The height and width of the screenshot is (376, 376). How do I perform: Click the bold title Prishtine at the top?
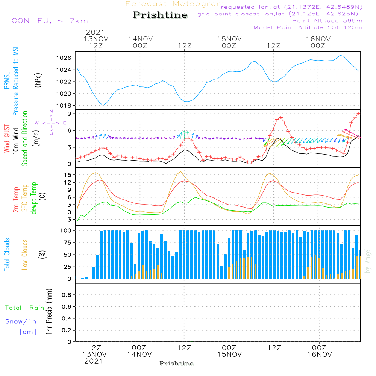pyautogui.click(x=160, y=15)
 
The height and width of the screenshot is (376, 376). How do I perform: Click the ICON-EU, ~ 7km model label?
pyautogui.click(x=48, y=21)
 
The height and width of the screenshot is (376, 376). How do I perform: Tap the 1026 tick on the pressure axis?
pyautogui.click(x=65, y=58)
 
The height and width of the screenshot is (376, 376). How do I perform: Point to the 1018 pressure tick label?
pyautogui.click(x=65, y=106)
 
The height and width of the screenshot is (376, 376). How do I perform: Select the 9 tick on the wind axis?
pyautogui.click(x=70, y=114)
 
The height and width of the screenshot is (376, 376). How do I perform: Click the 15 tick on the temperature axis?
pyautogui.click(x=68, y=175)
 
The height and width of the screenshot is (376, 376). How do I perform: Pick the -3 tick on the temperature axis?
pyautogui.click(x=68, y=219)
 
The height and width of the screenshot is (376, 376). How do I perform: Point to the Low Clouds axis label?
pyautogui.click(x=25, y=255)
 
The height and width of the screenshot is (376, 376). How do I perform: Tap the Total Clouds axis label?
pyautogui.click(x=7, y=255)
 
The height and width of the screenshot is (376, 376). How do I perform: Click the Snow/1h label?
pyautogui.click(x=21, y=321)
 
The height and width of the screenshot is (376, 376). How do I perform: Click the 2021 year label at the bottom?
pyautogui.click(x=94, y=361)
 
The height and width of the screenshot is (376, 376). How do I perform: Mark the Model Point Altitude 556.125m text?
pyautogui.click(x=308, y=27)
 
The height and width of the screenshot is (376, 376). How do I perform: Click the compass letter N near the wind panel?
pyautogui.click(x=51, y=112)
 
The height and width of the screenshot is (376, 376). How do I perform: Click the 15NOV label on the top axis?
pyautogui.click(x=229, y=39)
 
